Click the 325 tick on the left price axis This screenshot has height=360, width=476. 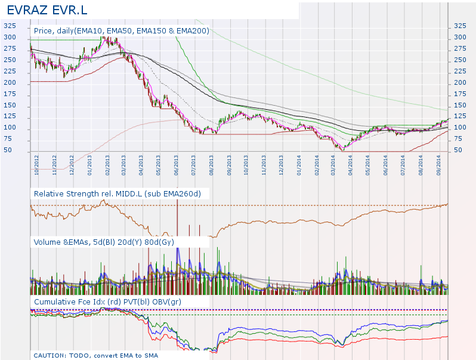10,26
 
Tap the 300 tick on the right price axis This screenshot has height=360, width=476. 460,38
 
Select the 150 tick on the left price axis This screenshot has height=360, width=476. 10,105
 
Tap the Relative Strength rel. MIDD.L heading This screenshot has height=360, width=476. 118,194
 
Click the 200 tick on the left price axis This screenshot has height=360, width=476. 10,83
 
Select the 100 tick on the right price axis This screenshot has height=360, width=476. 460,128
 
